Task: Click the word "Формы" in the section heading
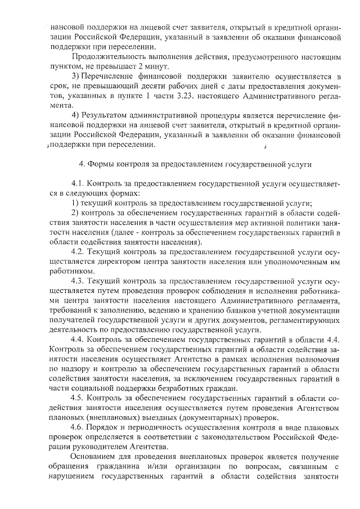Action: [98, 164]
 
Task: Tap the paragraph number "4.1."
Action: [79, 183]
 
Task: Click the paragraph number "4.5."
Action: [79, 398]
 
